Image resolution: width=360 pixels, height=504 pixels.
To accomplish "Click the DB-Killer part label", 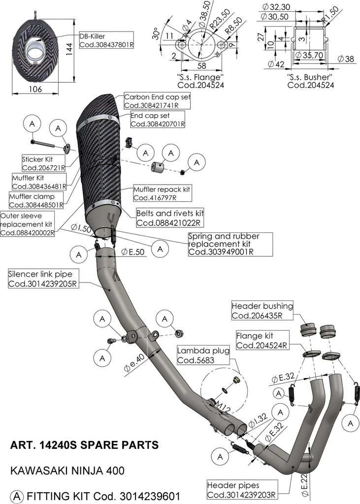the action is pos(106,40).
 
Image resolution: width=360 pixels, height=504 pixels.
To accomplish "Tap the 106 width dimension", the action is pos(35,89).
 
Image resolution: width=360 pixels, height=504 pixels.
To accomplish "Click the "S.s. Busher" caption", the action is pos(309,77).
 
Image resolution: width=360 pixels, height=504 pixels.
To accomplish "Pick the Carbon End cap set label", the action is pos(157,101).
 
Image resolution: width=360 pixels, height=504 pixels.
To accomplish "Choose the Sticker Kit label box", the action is pos(43,163).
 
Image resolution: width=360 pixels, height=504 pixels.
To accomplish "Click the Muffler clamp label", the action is pos(36,201).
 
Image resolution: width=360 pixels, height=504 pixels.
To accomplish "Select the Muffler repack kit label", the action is pos(162,193).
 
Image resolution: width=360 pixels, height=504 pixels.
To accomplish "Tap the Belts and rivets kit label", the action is pos(170,218).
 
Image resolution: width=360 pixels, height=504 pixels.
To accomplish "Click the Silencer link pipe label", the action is pos(43,279).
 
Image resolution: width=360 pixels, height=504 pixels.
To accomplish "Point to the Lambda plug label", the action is pos(203,355).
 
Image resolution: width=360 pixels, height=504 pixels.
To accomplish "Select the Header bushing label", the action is pos(262,311).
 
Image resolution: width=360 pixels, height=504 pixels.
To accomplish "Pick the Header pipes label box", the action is pos(242,490).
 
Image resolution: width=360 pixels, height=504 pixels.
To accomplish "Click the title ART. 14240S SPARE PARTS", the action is pos(85,445).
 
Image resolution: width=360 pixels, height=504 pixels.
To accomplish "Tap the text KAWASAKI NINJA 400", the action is pos(67,471).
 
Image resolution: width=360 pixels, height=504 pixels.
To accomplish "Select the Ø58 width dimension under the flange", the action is pos(201,66).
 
